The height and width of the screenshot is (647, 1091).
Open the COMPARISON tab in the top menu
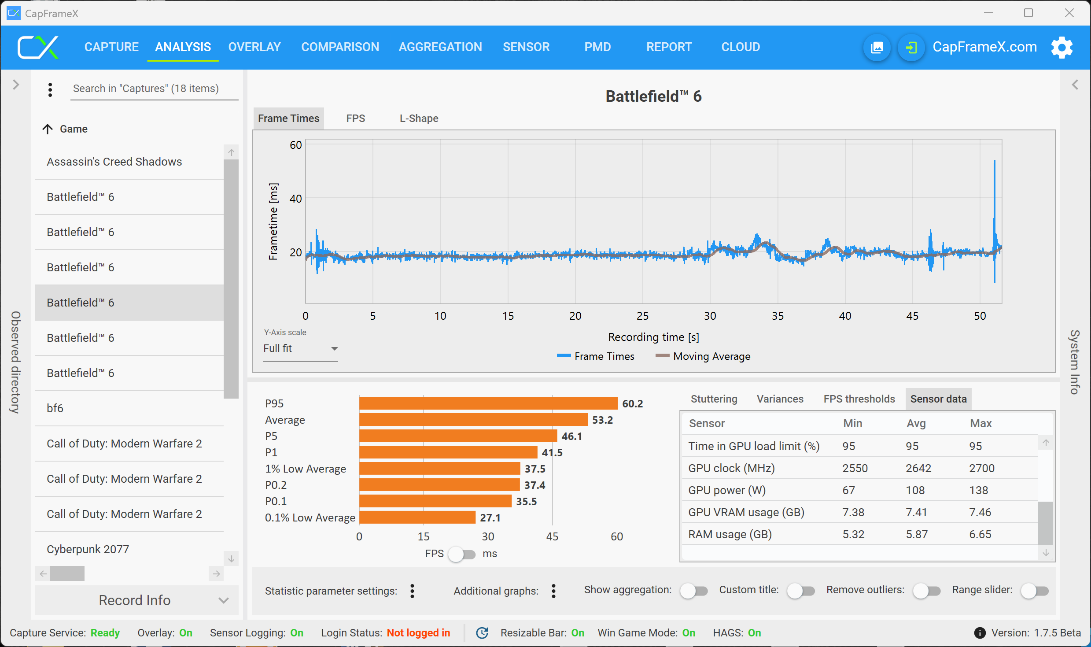click(340, 47)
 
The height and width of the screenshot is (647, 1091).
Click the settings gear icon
click(1062, 47)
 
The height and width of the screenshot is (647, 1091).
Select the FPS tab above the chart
click(355, 118)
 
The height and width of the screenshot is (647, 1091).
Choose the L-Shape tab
click(419, 118)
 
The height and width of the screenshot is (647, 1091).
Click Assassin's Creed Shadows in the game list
click(114, 162)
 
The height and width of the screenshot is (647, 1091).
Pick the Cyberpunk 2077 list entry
click(88, 549)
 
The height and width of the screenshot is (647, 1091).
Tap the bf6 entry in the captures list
click(55, 408)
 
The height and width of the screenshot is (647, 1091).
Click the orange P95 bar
click(488, 403)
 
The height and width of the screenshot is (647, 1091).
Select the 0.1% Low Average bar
click(417, 518)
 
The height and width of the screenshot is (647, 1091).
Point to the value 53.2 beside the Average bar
click(602, 420)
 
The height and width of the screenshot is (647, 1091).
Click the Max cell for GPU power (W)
click(978, 490)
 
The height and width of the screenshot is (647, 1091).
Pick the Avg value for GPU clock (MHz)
click(918, 468)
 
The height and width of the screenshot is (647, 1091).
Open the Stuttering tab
click(714, 399)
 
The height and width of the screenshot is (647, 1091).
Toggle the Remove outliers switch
click(926, 591)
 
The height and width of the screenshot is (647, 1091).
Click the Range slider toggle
click(1034, 591)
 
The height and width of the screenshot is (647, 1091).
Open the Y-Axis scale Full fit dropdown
click(300, 348)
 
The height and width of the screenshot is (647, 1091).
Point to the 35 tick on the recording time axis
click(778, 316)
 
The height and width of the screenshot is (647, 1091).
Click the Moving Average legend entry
click(703, 356)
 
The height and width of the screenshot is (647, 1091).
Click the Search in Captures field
click(154, 89)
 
